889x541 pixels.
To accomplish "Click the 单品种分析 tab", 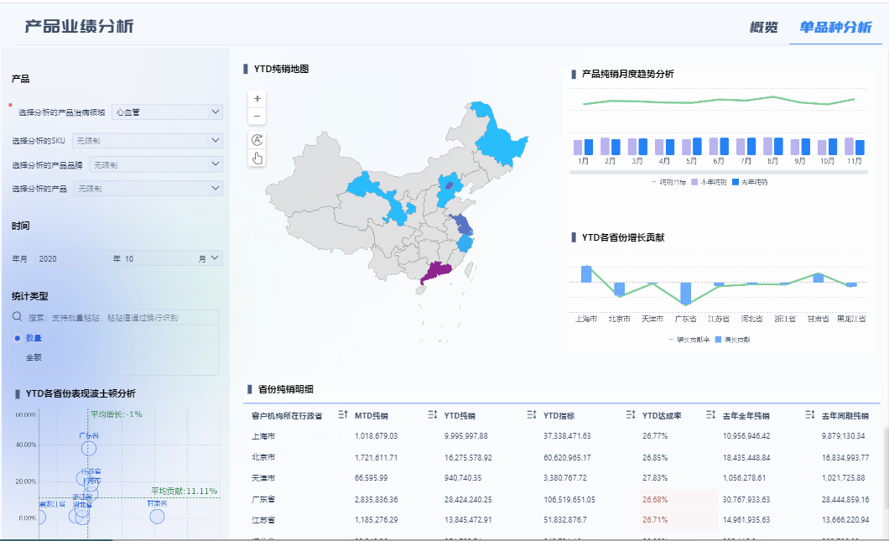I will pos(834,27).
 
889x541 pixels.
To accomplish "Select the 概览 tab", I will pos(763,27).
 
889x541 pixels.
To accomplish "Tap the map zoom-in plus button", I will pos(257,97).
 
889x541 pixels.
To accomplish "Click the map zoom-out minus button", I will pos(257,116).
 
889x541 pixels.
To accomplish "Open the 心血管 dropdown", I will pos(167,112).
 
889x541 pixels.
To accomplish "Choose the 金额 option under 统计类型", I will pos(34,357).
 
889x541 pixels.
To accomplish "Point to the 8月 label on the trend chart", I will pos(772,161).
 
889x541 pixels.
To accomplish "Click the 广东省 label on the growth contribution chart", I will pos(686,319).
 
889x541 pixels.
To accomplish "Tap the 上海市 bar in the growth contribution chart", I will pos(586,274).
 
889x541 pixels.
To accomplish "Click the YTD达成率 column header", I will pos(663,415).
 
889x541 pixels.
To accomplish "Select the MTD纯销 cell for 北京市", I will pos(376,457).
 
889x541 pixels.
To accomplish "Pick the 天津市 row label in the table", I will pos(263,478).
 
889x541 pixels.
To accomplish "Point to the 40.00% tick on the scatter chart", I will pos(25,445).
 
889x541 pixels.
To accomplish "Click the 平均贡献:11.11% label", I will pos(184,491).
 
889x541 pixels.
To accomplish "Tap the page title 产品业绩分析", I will pos(79,27).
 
